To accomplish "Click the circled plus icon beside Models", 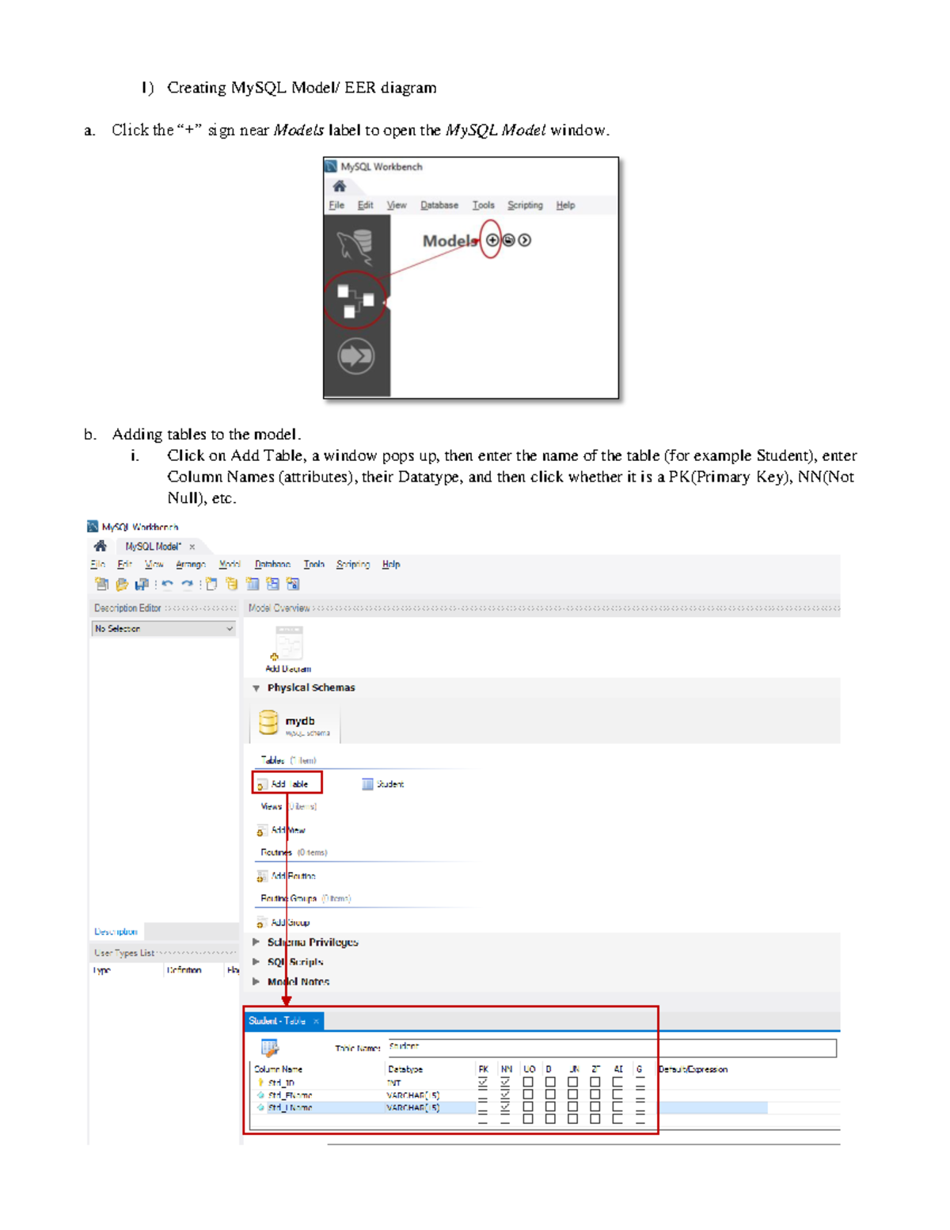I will click(x=492, y=240).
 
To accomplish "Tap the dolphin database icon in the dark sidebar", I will click(x=355, y=246).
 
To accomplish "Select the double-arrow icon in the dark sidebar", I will click(x=355, y=356).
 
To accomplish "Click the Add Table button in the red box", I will click(x=288, y=784).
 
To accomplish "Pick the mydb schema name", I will click(x=300, y=721).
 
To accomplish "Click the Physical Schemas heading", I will click(x=310, y=687).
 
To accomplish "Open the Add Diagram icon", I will click(x=288, y=645).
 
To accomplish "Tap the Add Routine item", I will click(x=291, y=876).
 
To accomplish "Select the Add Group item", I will click(x=288, y=923).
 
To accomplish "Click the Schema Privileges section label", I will click(x=312, y=942).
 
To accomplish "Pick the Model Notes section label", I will click(x=298, y=982).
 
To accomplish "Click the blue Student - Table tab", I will click(x=277, y=1021).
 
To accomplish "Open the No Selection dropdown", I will click(x=164, y=629).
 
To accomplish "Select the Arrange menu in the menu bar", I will click(x=190, y=565).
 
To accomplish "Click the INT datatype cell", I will click(x=394, y=1083).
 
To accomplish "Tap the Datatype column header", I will click(x=405, y=1069).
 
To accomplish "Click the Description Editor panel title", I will click(x=127, y=608).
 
